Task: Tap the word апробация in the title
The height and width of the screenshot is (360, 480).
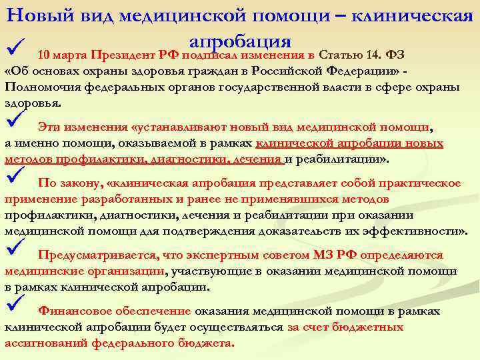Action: click(x=240, y=38)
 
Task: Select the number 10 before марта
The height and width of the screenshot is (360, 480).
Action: click(x=45, y=55)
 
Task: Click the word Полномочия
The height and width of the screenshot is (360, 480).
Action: click(x=39, y=88)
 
